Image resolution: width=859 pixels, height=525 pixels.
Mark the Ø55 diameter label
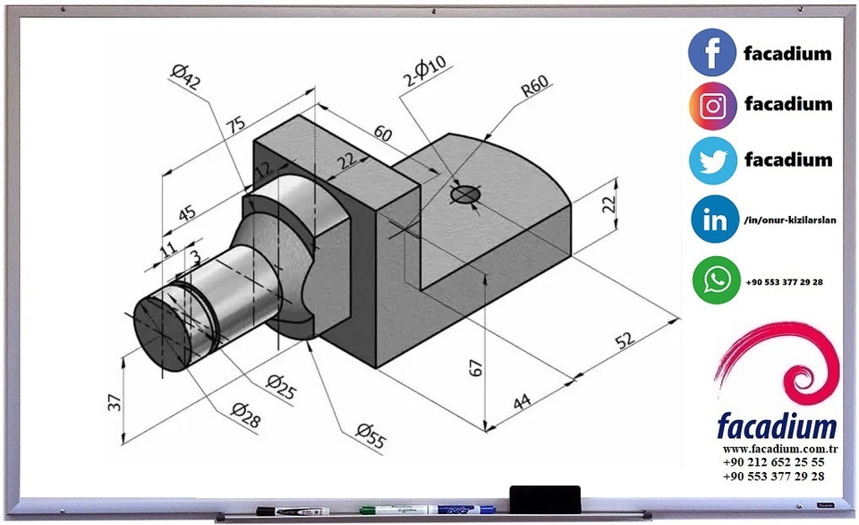point(370,435)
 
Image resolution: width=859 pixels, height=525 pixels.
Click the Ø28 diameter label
point(245,412)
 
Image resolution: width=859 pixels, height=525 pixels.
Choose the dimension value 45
point(185,213)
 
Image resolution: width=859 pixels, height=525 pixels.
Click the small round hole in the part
point(464,194)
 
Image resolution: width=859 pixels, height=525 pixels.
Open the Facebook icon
point(712,52)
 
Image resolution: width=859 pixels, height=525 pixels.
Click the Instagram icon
point(712,106)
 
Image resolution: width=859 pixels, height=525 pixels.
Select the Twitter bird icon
point(712,160)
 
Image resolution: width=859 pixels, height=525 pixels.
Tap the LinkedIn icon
point(714,220)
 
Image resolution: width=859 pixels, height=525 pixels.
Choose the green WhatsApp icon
point(716,280)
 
